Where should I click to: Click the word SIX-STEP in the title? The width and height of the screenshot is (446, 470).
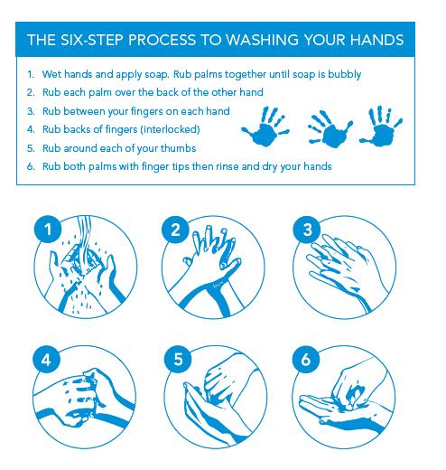[x=92, y=40]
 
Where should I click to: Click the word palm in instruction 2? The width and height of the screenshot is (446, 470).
[x=99, y=93]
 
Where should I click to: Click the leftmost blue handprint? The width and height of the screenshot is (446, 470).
[x=265, y=127]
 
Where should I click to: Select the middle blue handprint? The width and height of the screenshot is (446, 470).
[x=330, y=129]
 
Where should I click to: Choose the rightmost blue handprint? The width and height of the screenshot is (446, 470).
[x=382, y=126]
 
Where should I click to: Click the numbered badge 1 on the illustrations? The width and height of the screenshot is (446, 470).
[x=48, y=230]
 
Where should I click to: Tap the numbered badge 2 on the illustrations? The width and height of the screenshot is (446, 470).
[x=175, y=230]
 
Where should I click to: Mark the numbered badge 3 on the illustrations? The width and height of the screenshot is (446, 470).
[x=307, y=230]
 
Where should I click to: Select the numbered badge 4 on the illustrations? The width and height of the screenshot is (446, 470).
[x=46, y=360]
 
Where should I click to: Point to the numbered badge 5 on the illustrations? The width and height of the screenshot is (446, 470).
[x=178, y=359]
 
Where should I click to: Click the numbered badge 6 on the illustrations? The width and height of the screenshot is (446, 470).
[x=306, y=359]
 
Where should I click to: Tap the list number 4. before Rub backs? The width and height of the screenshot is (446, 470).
[x=31, y=130]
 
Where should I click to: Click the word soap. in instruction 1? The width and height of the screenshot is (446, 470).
[x=156, y=75]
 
